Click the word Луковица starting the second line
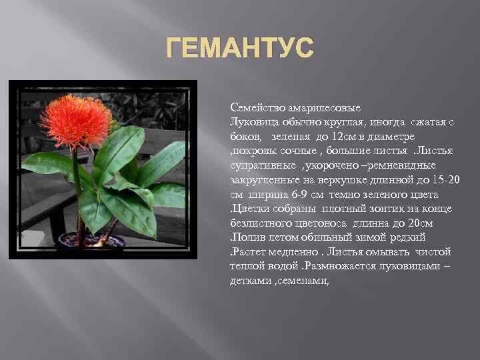click(251, 121)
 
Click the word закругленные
click(264, 179)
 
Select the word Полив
click(247, 238)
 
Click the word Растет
click(249, 252)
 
